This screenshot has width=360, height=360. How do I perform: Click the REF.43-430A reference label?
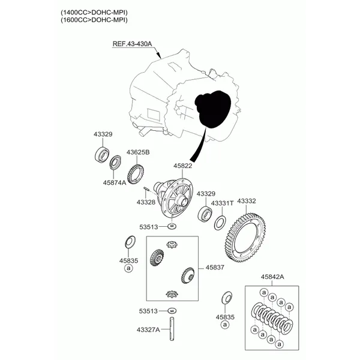[132, 44]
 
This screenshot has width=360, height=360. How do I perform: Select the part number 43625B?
[138, 152]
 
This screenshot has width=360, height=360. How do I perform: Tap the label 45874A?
[115, 183]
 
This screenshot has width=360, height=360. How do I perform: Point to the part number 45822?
[183, 166]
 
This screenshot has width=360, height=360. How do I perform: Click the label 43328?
[146, 202]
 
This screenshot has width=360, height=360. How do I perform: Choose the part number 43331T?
[222, 203]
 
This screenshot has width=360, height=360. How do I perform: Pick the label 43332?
[247, 201]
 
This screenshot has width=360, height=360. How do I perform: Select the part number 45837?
[215, 267]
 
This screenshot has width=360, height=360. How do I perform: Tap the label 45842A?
[272, 277]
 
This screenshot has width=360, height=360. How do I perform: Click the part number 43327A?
[148, 329]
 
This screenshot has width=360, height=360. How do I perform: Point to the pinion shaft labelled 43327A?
[172, 329]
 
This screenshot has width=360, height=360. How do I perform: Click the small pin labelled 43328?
[146, 189]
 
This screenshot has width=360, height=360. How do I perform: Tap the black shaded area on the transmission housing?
[212, 109]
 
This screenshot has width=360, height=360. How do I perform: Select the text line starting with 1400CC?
[94, 12]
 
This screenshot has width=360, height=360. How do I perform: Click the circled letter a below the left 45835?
[128, 268]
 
